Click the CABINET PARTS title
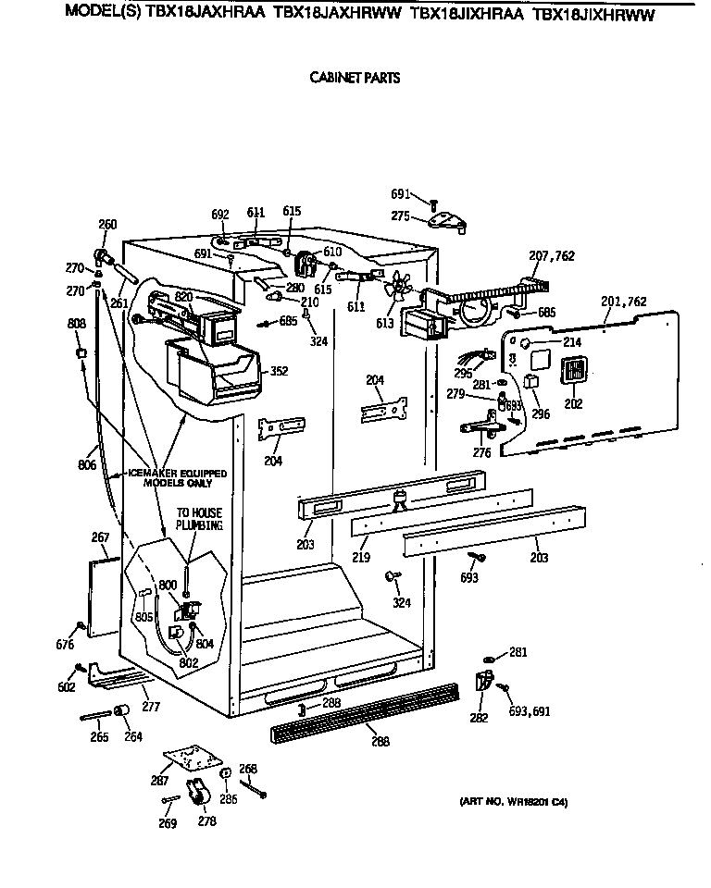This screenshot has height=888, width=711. [x=355, y=79]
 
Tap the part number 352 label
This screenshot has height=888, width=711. [x=277, y=373]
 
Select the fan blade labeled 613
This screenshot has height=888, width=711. [x=398, y=288]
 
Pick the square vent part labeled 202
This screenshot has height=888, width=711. [x=572, y=370]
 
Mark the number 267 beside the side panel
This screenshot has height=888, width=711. [x=100, y=537]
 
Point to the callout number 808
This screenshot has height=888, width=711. [x=78, y=324]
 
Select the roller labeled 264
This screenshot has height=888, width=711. [x=120, y=710]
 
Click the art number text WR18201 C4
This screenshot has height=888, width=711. [x=513, y=802]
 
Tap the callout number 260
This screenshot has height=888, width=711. [x=107, y=223]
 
